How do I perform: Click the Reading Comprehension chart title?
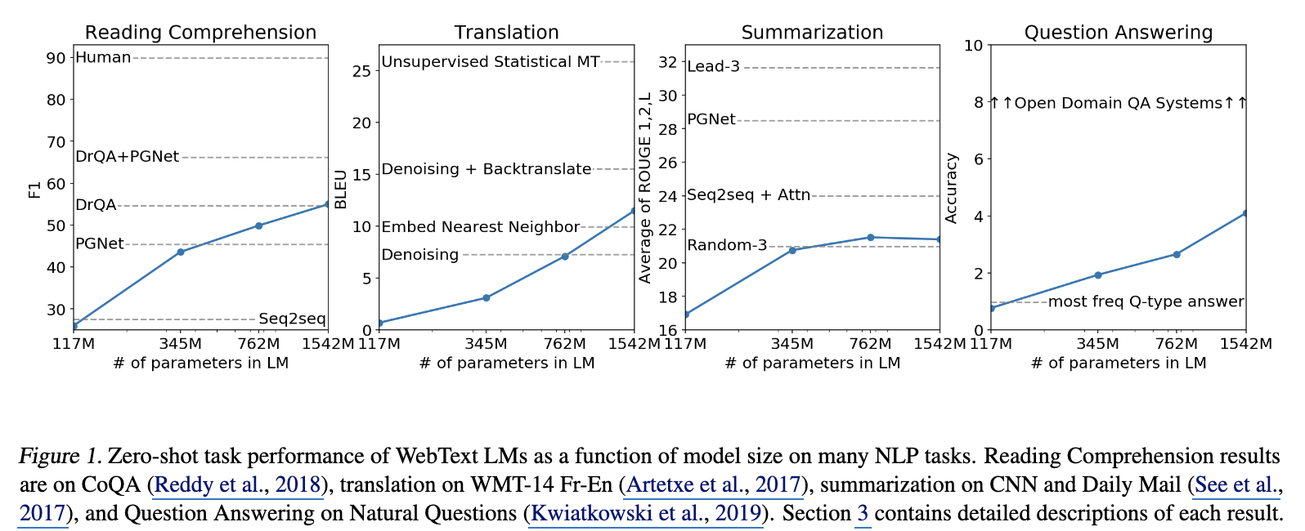(200, 33)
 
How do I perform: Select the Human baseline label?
(103, 58)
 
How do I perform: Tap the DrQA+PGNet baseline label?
(127, 157)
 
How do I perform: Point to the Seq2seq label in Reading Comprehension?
(292, 319)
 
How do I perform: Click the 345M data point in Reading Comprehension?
(181, 252)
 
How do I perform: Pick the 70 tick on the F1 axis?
(56, 142)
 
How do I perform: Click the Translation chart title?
(506, 33)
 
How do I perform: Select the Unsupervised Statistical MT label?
(491, 62)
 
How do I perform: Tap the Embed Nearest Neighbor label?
(480, 227)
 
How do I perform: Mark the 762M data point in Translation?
(564, 257)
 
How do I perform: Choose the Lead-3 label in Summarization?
(713, 67)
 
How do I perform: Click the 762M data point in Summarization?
(870, 238)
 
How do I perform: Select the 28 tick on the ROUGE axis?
(669, 129)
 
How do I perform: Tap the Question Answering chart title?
(1118, 33)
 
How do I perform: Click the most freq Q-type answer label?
(1146, 302)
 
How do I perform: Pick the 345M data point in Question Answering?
(1098, 275)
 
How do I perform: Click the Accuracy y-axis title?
(952, 188)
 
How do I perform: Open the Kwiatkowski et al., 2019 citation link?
(646, 515)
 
